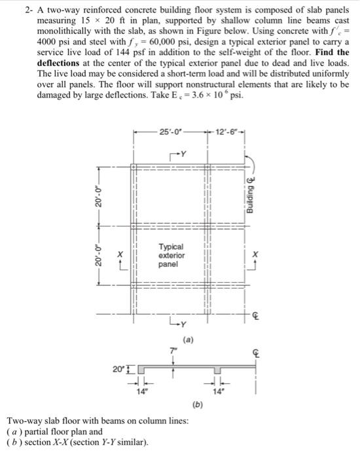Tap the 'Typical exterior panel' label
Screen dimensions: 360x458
tap(171, 256)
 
